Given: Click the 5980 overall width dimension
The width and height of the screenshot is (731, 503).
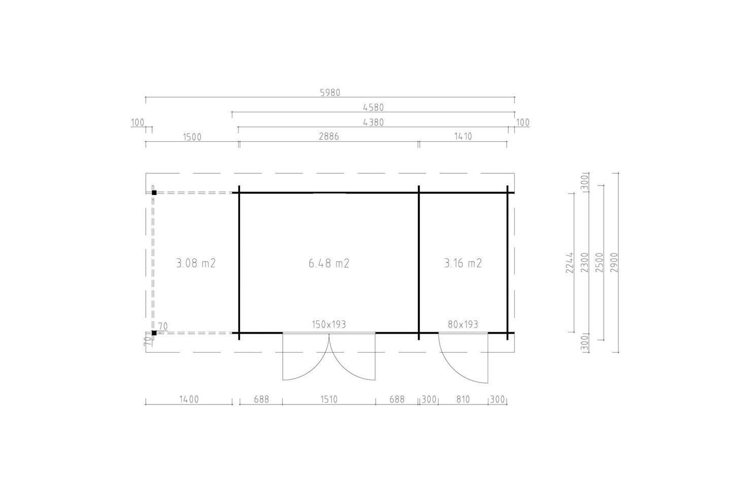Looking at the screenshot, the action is pos(330,93).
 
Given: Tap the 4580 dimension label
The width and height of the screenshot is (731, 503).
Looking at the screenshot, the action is pos(373,108).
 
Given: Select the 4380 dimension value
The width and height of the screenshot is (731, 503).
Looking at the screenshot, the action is pos(373,122).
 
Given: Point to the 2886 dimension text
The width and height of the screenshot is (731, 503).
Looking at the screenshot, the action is pos(329,137).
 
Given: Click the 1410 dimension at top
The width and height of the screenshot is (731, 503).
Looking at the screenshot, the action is pos(463,137).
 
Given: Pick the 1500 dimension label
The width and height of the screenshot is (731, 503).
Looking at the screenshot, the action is pos(192,137).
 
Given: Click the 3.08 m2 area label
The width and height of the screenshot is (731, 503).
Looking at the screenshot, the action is pos(196,263).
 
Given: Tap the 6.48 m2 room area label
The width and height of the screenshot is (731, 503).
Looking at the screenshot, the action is pos(329,263).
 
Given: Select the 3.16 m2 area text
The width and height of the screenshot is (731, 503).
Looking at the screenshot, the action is pos(463,263).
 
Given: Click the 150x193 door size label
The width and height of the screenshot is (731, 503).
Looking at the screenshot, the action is pos(329,324).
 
